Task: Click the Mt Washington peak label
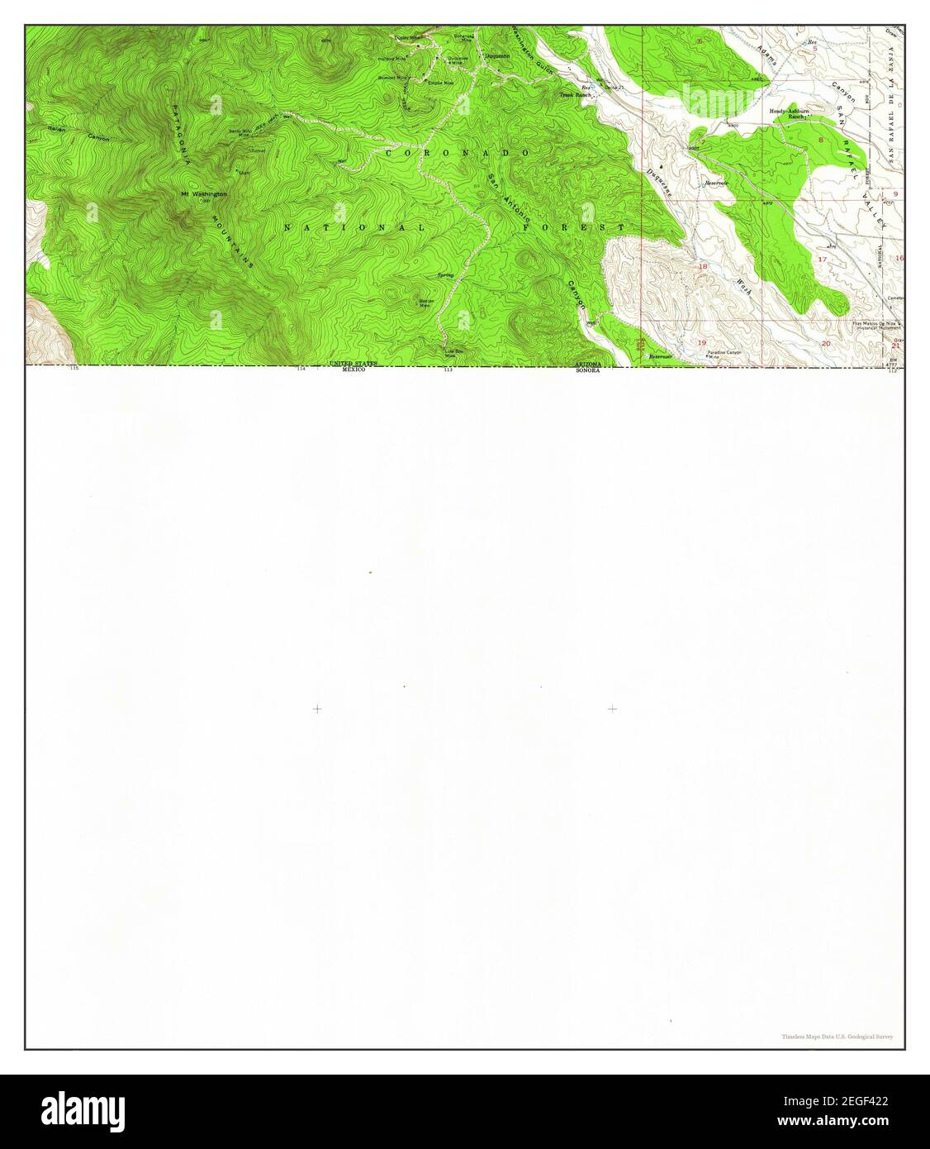pos(203,194)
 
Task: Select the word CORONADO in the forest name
pos(467,154)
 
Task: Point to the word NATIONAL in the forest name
pos(354,227)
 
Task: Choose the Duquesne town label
pos(496,56)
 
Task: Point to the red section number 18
pos(704,266)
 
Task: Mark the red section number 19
pos(703,341)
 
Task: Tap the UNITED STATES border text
pos(353,364)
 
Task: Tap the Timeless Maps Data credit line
pos(837,1036)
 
